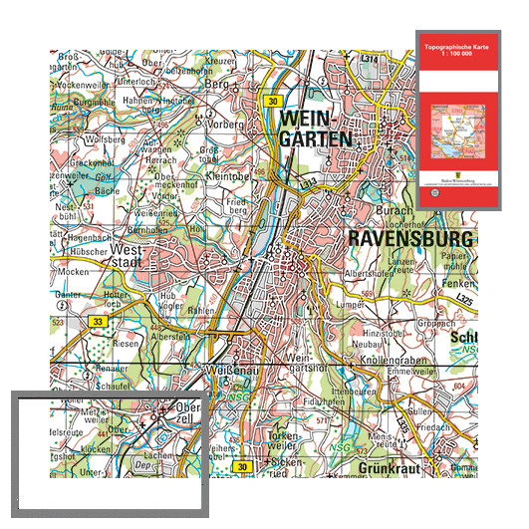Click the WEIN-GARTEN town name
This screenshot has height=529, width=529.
[318, 128]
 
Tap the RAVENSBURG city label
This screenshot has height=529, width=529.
[409, 239]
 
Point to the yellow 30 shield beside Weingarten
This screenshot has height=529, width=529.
[272, 102]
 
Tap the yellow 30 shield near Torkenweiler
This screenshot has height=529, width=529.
[241, 466]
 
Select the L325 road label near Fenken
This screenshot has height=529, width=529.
[460, 298]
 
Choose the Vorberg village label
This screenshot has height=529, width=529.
[224, 126]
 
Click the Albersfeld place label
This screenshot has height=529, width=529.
[167, 337]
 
